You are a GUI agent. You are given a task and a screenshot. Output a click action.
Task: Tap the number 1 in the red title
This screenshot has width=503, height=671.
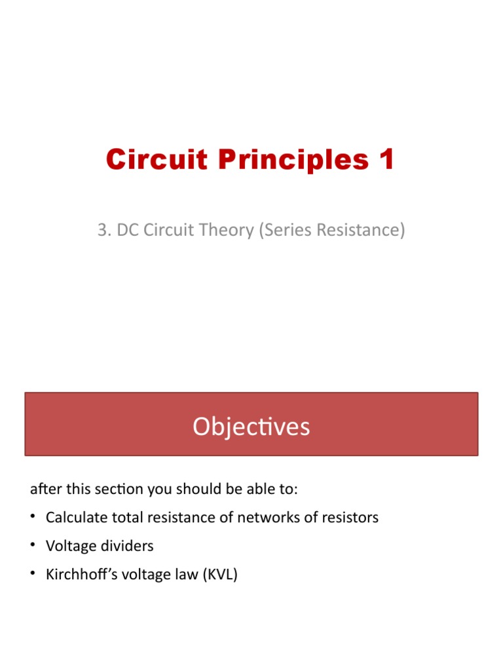386,160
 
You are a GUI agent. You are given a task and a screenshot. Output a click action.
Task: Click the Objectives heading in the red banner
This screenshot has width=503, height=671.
251,427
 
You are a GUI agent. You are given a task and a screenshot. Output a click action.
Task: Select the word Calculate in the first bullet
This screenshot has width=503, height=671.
76,518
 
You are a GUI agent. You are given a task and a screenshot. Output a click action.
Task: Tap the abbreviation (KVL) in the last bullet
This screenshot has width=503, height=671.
220,575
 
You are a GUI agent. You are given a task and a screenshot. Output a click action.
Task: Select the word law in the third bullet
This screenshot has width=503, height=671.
185,575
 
